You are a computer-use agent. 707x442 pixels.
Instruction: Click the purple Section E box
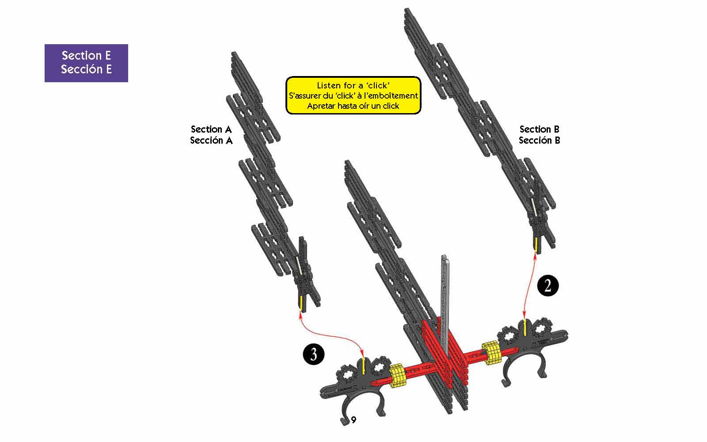(86, 63)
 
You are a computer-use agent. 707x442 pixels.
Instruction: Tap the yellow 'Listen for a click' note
(353, 95)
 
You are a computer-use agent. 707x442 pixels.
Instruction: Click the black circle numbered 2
(547, 286)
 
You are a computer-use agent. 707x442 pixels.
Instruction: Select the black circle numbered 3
(313, 354)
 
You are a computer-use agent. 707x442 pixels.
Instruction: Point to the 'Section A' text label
(211, 129)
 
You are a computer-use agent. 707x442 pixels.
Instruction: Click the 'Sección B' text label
(540, 140)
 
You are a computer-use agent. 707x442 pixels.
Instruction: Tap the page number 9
(353, 419)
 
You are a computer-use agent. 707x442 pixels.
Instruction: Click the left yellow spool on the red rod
(397, 375)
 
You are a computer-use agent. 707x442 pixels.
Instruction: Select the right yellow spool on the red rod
(491, 353)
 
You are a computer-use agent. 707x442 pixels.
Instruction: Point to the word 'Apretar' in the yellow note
(321, 106)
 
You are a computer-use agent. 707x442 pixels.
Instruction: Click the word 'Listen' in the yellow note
(329, 85)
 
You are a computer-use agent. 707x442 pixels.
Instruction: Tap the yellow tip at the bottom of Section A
(302, 302)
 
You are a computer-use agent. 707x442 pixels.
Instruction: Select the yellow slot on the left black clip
(364, 366)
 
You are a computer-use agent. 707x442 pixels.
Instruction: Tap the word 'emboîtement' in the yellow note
(392, 95)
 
